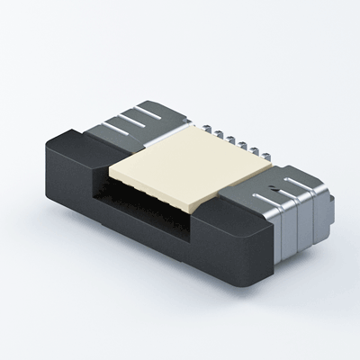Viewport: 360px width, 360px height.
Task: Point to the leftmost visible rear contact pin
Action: [x=204, y=133]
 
